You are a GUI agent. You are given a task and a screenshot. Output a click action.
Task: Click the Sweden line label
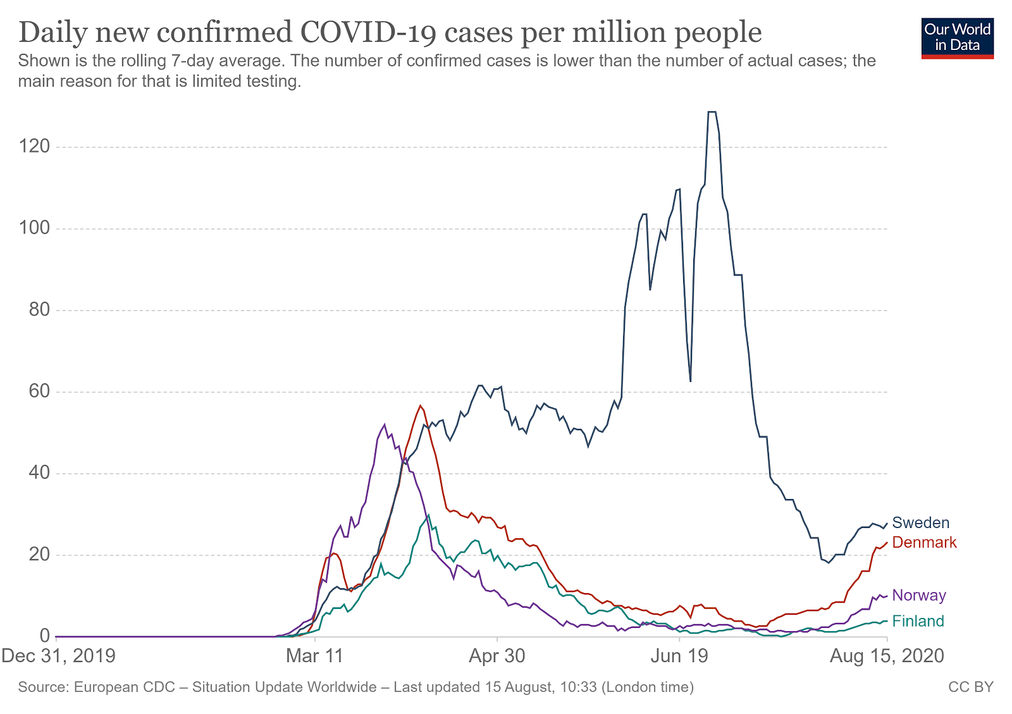click(x=920, y=523)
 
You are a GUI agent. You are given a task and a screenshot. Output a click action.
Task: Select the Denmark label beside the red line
click(x=924, y=543)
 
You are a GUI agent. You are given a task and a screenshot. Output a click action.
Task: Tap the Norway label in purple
click(x=918, y=596)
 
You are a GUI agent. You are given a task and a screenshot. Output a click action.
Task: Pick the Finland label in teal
click(x=918, y=622)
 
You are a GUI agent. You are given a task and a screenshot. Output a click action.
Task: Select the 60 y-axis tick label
click(x=37, y=391)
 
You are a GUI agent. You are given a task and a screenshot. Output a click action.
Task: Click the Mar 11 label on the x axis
click(x=314, y=656)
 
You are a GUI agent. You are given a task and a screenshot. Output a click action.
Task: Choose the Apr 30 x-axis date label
click(x=497, y=656)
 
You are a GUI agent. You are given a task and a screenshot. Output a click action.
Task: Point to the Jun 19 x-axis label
click(x=679, y=656)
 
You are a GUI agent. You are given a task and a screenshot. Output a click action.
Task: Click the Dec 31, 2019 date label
click(x=59, y=656)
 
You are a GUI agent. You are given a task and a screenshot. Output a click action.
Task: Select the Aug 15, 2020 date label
click(x=887, y=656)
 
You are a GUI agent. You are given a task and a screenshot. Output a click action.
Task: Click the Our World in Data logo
click(x=957, y=38)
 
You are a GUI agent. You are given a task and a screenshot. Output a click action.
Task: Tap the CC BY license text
click(x=971, y=687)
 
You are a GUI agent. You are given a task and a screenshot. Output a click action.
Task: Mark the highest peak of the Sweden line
click(x=712, y=112)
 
